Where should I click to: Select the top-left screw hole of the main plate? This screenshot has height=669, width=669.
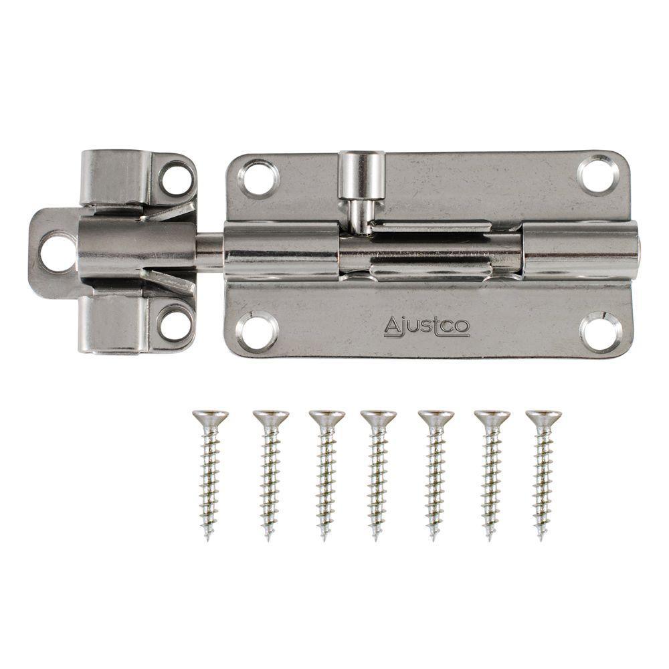[x=259, y=178]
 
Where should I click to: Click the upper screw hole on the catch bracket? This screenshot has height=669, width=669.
[x=176, y=179]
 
